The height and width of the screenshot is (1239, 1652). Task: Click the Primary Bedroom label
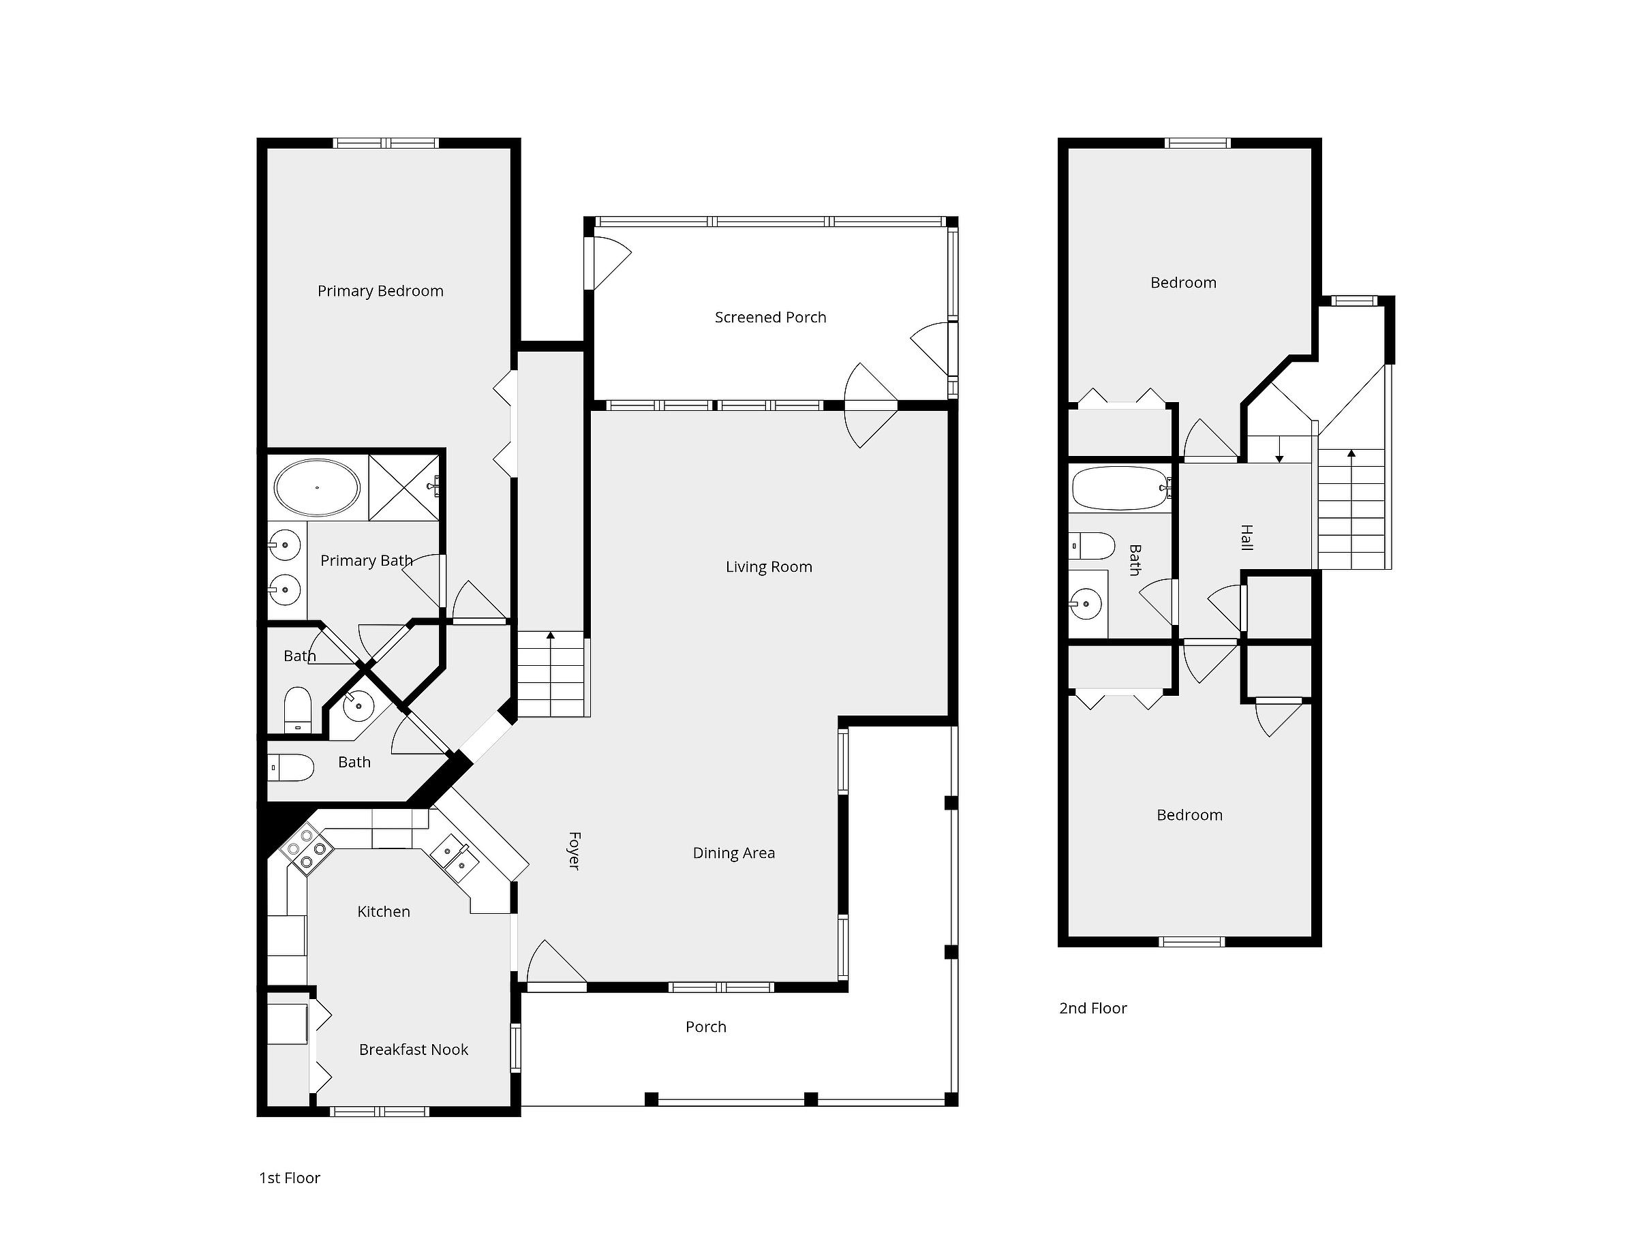(380, 291)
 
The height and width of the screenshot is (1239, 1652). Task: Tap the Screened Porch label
(770, 318)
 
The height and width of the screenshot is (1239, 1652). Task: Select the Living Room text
(769, 567)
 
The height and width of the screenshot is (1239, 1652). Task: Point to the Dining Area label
(733, 853)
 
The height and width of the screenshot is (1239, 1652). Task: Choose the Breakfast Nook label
(413, 1050)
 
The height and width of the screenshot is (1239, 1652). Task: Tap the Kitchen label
(383, 911)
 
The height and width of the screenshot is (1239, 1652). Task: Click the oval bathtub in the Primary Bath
(318, 488)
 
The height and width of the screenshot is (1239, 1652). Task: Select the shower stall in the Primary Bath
(404, 487)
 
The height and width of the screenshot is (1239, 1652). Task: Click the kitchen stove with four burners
(307, 849)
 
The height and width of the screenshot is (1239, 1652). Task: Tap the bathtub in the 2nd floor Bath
(1120, 489)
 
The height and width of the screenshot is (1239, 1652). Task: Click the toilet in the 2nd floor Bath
(1092, 546)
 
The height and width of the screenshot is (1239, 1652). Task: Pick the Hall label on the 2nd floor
(1246, 538)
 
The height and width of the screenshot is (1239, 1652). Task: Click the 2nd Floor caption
(1092, 1008)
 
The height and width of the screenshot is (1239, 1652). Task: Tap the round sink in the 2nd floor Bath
(1086, 603)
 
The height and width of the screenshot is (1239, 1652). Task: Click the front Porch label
(706, 1027)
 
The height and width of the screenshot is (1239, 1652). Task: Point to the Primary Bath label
(366, 561)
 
